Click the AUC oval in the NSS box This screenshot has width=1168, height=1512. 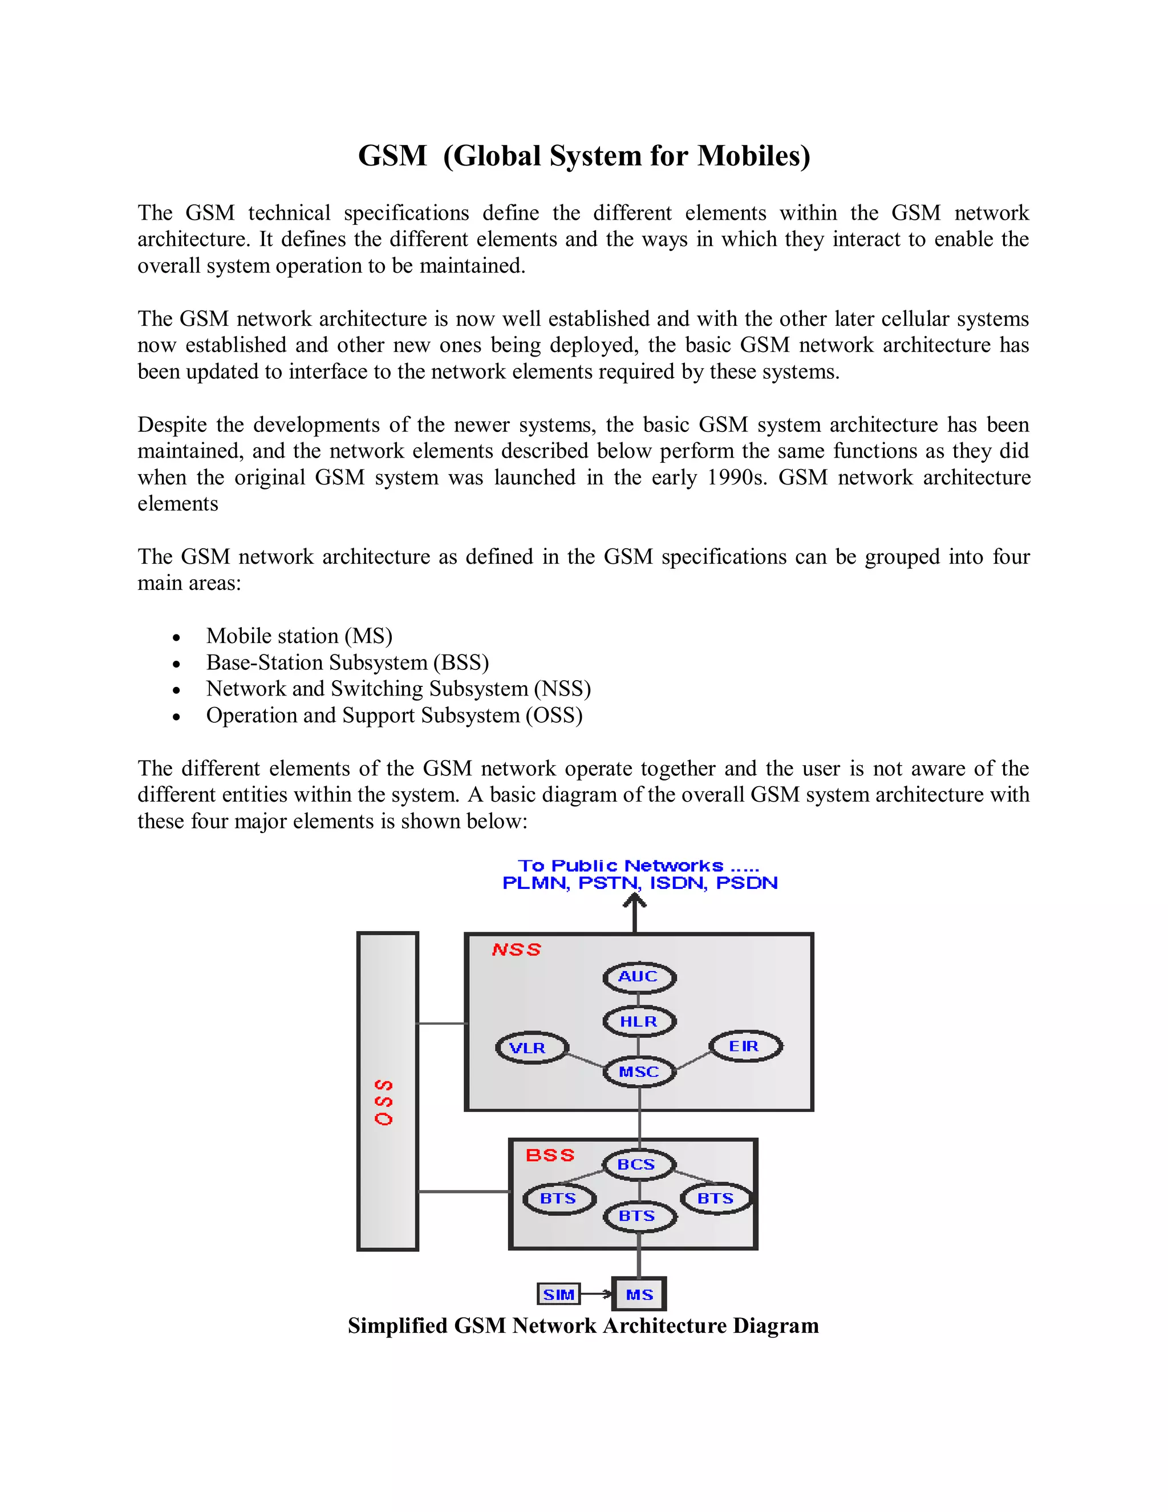tap(639, 977)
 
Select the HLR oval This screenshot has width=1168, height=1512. tap(639, 1021)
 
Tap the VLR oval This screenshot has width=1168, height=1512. tap(532, 1048)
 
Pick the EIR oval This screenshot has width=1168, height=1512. tap(745, 1046)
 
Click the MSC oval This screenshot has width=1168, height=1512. tap(639, 1072)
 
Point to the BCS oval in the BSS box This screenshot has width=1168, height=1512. tap(637, 1165)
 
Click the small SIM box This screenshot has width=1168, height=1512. tap(558, 1294)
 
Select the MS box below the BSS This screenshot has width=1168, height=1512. tap(639, 1294)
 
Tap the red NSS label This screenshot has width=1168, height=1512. tap(516, 950)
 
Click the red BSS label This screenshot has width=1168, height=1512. tap(550, 1155)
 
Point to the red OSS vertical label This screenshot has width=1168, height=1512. tap(384, 1102)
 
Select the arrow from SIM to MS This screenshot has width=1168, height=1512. tap(597, 1294)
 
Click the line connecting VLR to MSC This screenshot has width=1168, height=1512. tap(585, 1060)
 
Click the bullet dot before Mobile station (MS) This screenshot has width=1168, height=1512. tap(177, 637)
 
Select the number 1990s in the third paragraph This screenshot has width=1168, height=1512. tap(737, 477)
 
